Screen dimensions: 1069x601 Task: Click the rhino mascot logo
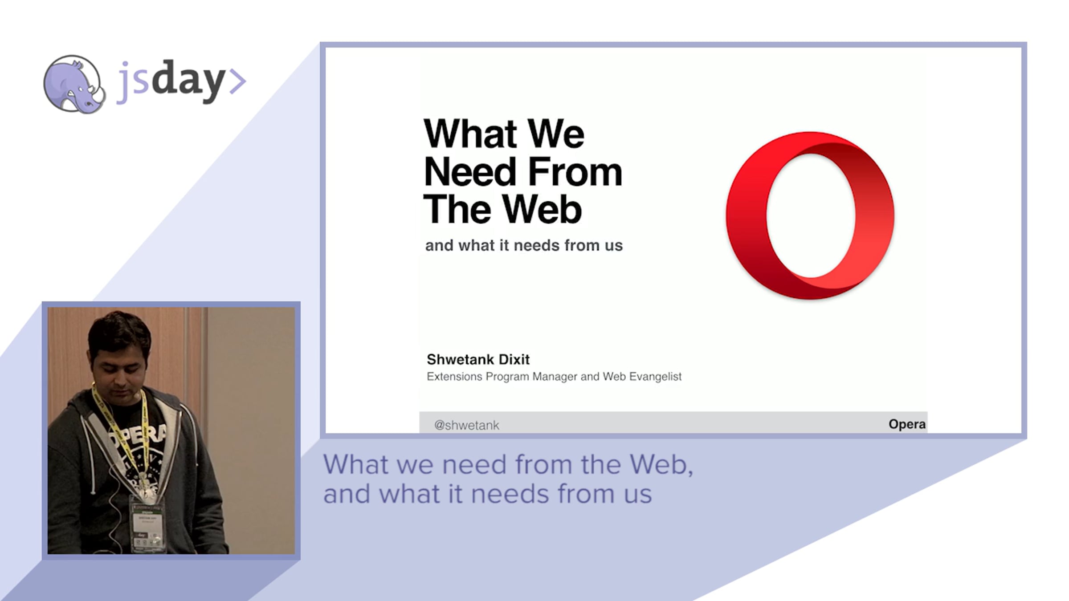pyautogui.click(x=74, y=84)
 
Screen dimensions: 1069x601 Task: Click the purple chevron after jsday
pyautogui.click(x=238, y=81)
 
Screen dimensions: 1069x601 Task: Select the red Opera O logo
pyautogui.click(x=810, y=215)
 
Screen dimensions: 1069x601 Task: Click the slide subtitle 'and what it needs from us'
pyautogui.click(x=524, y=245)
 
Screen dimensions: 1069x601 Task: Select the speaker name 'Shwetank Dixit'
pyautogui.click(x=478, y=359)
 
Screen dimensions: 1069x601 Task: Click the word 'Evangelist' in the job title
pyautogui.click(x=655, y=377)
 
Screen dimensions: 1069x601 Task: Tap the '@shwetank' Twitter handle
pyautogui.click(x=466, y=425)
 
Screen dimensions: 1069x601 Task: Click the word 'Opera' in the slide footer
pyautogui.click(x=907, y=424)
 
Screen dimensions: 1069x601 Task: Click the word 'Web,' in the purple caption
pyautogui.click(x=661, y=464)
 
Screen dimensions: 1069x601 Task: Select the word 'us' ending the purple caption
pyautogui.click(x=638, y=494)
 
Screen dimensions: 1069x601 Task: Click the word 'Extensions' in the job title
pyautogui.click(x=454, y=377)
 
